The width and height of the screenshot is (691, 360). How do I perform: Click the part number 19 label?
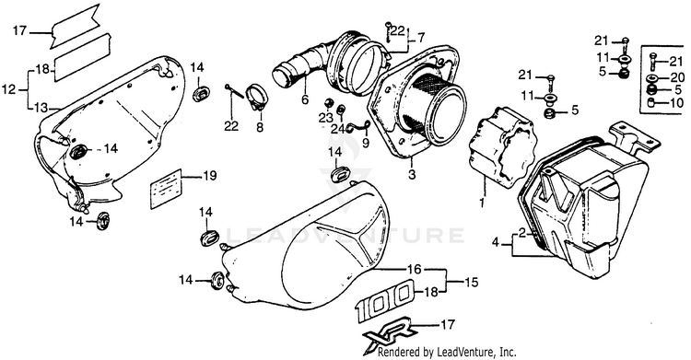(x=210, y=176)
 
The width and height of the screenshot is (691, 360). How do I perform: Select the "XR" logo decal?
(x=387, y=334)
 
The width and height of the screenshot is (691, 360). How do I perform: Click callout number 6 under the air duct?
(x=305, y=100)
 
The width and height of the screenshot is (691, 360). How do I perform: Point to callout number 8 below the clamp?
(x=260, y=127)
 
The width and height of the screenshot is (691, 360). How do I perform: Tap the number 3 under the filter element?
(x=412, y=175)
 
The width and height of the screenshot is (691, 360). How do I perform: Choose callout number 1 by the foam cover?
(x=482, y=203)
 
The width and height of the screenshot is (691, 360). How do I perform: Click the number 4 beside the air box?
(x=496, y=242)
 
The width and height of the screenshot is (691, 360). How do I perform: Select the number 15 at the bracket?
(x=471, y=282)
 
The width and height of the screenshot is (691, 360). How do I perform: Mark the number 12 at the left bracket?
(x=8, y=90)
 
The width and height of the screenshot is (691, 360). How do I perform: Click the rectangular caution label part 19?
(x=165, y=188)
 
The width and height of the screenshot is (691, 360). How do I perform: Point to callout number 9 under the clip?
(x=366, y=143)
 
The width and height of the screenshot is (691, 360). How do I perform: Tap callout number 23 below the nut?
(x=326, y=118)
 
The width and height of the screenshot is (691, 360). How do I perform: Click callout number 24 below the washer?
(x=339, y=130)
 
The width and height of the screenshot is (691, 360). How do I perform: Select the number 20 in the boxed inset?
(x=677, y=77)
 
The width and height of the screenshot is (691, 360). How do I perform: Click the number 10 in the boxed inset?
(x=677, y=103)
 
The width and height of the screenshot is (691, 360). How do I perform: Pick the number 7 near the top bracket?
(x=420, y=39)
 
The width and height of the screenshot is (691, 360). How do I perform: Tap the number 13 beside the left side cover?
(x=41, y=108)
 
